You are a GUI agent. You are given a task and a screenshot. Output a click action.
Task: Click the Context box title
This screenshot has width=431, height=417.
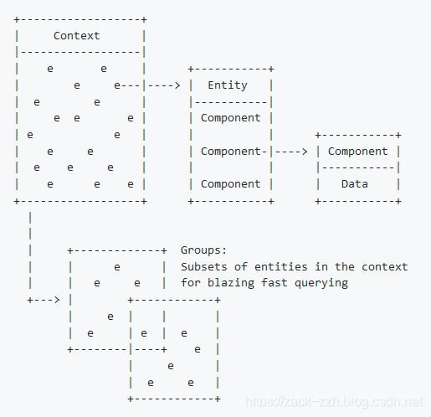[76, 35]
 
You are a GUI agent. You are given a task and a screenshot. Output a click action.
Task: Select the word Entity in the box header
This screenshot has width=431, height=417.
[227, 85]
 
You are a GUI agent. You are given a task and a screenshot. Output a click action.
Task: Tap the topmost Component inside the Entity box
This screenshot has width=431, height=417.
[230, 118]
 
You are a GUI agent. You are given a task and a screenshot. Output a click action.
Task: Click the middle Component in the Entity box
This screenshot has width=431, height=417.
[230, 152]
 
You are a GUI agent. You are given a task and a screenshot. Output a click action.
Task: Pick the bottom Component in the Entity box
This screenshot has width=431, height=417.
[230, 183]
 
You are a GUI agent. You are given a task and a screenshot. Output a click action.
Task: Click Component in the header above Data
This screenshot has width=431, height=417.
[357, 152]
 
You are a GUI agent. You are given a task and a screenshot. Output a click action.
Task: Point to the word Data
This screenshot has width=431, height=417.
[357, 183]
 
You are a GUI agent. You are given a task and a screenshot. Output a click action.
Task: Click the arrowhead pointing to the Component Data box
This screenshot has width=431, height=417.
[305, 152]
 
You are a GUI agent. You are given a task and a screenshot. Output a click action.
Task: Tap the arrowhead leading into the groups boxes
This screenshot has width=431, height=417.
[56, 299]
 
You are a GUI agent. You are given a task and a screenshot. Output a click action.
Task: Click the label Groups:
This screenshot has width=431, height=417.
[203, 250]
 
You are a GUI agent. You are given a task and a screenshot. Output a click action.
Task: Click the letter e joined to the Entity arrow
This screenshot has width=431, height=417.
[117, 85]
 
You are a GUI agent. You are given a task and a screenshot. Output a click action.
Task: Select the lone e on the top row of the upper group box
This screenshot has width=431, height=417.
[117, 266]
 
